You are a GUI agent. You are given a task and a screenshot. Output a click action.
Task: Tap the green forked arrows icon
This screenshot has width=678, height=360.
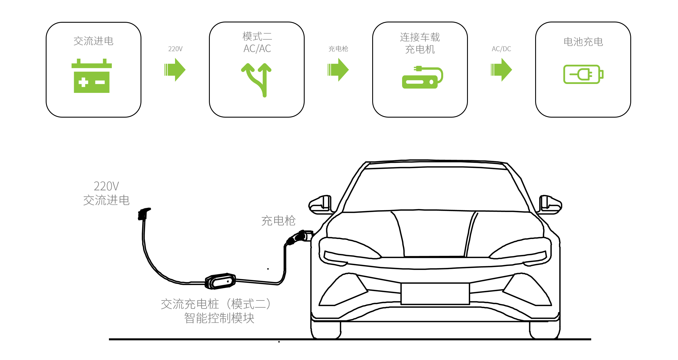(x=256, y=80)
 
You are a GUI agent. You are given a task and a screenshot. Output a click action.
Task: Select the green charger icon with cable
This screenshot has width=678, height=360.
(x=422, y=77)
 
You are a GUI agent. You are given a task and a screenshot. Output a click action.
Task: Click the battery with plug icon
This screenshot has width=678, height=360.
(x=583, y=74)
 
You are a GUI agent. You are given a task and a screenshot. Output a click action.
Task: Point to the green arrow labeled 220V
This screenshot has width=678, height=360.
(x=175, y=70)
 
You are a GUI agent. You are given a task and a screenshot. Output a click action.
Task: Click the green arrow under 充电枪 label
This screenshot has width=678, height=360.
(x=338, y=70)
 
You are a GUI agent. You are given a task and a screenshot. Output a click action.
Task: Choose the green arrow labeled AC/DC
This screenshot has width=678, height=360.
(x=501, y=70)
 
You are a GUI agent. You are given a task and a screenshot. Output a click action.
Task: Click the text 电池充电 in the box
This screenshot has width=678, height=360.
(x=583, y=42)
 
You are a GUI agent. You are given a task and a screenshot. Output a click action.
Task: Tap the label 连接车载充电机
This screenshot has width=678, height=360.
(x=420, y=43)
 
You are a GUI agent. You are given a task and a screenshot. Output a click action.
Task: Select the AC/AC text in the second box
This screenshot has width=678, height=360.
(x=257, y=49)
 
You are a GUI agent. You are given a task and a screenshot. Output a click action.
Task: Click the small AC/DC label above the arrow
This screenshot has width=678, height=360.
(x=501, y=49)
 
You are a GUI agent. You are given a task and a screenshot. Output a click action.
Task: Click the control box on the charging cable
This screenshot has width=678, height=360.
(x=220, y=281)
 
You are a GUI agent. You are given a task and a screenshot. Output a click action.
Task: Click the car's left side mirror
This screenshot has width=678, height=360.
(x=320, y=205)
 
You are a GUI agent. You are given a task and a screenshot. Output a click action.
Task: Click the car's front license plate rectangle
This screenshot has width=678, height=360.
(x=435, y=294)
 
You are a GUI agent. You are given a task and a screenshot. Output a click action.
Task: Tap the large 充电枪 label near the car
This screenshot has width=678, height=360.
(x=278, y=221)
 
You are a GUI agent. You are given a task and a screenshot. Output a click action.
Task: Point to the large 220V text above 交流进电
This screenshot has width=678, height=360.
(x=106, y=186)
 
